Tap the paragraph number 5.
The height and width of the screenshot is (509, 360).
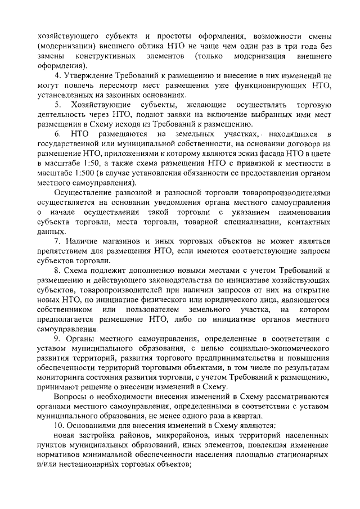[57, 105]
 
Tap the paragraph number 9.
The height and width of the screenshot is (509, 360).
[57, 339]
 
